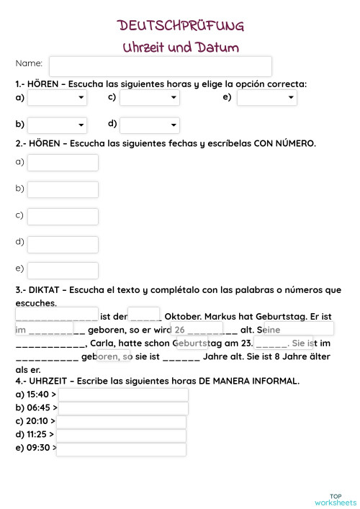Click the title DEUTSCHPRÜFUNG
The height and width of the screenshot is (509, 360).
[x=181, y=27]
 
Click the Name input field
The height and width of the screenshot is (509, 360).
[x=160, y=66]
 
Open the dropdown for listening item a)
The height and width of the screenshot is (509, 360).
[x=57, y=98]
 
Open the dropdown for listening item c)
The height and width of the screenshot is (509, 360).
[x=150, y=98]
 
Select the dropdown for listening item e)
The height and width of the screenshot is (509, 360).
[x=266, y=98]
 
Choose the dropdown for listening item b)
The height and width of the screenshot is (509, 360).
[x=57, y=125]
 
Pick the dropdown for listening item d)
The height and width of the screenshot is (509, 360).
[x=150, y=125]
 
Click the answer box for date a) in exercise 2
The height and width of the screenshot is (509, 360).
[x=63, y=163]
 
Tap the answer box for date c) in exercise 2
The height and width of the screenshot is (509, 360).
[x=63, y=216]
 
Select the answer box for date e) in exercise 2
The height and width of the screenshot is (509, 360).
[x=63, y=270]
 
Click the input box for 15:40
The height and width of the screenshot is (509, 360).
[x=123, y=395]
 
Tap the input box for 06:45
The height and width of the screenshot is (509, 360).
[x=123, y=408]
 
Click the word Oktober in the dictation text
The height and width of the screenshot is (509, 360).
[x=183, y=317]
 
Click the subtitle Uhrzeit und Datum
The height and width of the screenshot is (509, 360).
[x=181, y=48]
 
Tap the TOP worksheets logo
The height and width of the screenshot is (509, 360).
[x=336, y=500]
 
